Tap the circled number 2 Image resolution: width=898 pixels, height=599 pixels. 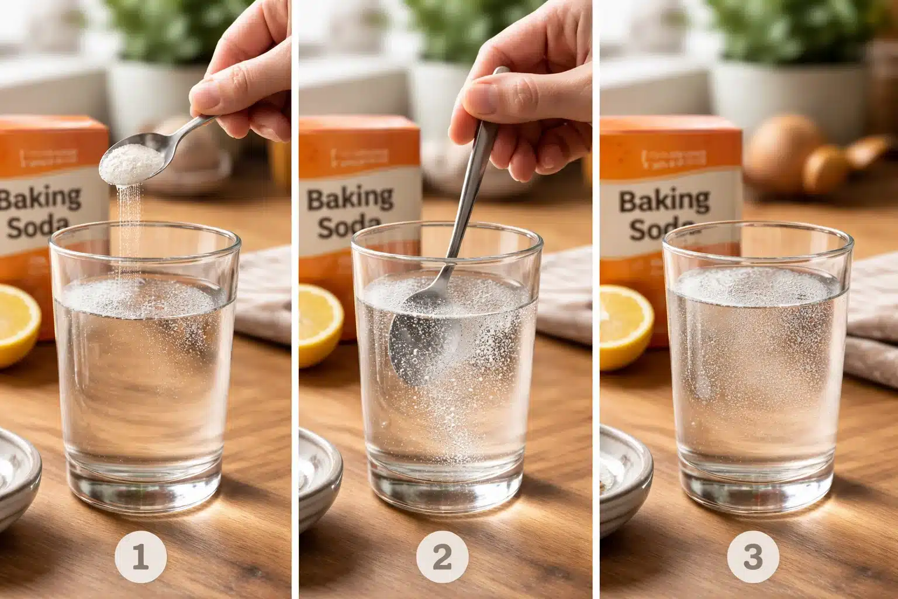442,556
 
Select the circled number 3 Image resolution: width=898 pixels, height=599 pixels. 752,556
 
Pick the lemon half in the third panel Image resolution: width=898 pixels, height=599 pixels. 624,325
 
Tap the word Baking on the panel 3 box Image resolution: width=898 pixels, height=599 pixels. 664,201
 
